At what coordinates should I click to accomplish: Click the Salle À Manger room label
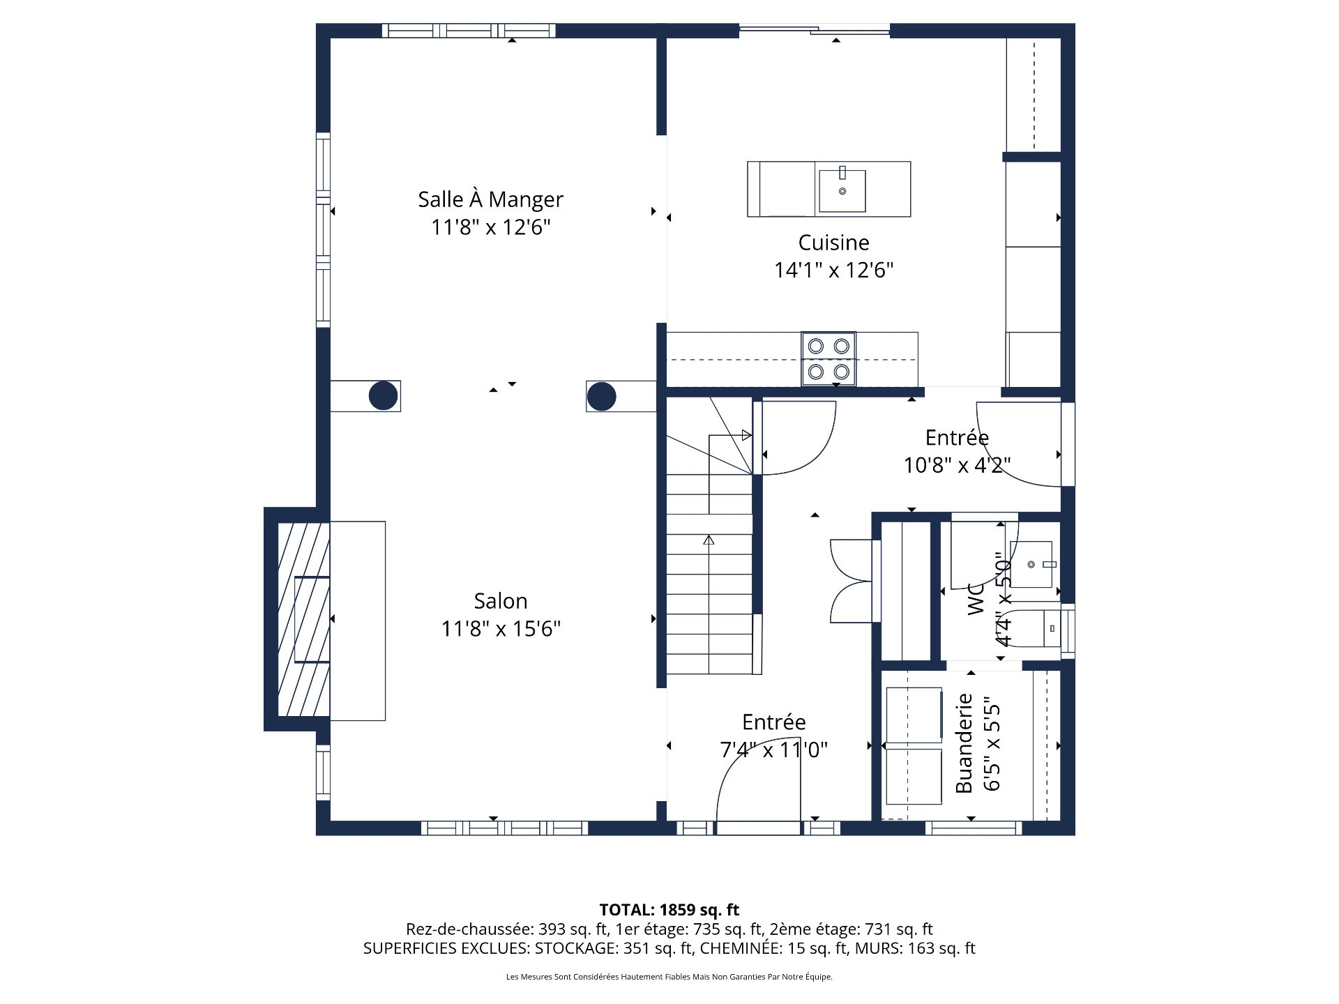point(490,199)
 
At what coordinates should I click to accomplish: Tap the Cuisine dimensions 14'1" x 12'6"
point(833,270)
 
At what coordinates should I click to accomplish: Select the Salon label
point(500,601)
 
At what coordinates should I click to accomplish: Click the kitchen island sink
point(842,190)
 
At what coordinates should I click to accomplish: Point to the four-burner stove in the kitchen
point(829,358)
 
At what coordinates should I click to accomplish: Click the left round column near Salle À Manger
point(383,396)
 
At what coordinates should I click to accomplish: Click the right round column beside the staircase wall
point(601,396)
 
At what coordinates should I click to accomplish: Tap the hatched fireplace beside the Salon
point(303,619)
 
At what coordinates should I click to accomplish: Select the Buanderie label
point(964,743)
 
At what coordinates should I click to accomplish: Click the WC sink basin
point(1031,564)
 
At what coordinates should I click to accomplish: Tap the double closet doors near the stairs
point(851,581)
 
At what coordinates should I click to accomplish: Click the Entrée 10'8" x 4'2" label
point(957,438)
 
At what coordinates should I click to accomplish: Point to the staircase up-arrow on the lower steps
point(709,540)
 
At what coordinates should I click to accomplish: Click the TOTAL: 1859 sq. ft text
point(669,909)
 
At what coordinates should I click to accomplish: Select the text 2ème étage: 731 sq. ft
point(850,929)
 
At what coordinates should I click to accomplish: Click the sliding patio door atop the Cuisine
point(815,29)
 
